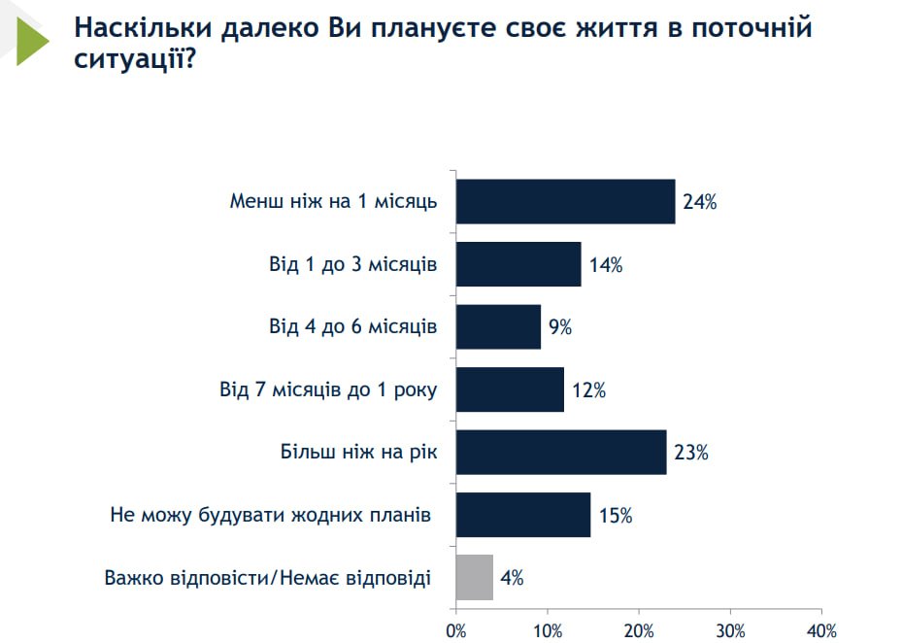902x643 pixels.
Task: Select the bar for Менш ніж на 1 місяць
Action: point(565,202)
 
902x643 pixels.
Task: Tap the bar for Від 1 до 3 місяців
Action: point(518,264)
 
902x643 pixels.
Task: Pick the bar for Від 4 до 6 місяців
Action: point(498,326)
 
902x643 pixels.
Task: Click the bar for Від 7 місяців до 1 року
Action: point(510,389)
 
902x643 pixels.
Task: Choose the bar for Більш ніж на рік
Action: point(561,452)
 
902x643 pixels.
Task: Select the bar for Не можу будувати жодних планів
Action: point(523,515)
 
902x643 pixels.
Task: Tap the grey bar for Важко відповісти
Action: point(475,577)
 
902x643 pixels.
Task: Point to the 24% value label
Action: point(699,203)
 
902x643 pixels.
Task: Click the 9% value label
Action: point(560,327)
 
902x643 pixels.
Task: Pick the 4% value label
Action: point(512,578)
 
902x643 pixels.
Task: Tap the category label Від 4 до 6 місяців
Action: point(353,326)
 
